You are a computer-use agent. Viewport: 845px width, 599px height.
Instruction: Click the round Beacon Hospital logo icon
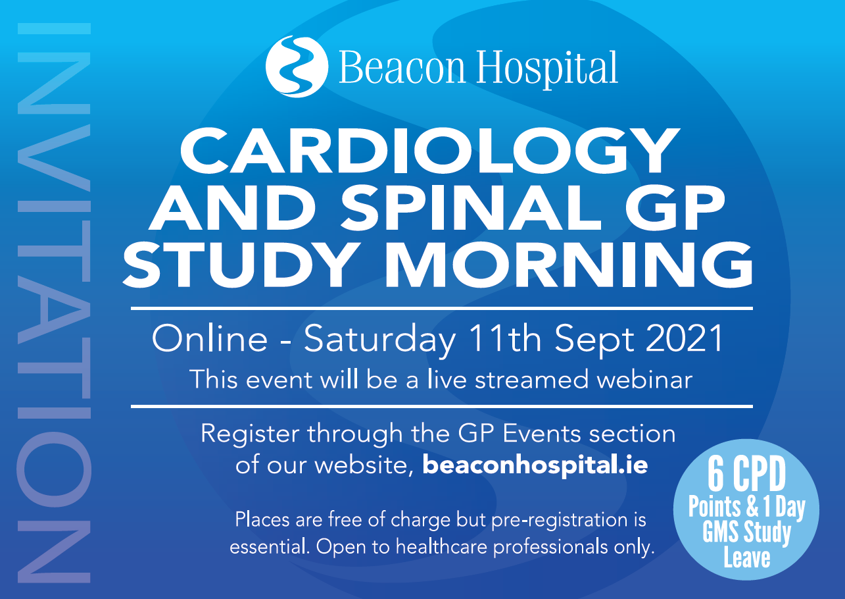pos(297,66)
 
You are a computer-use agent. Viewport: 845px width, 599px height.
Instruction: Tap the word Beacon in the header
pos(402,67)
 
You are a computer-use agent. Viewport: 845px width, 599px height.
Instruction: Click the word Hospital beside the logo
pos(546,70)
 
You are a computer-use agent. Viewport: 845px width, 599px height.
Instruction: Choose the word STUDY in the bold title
pos(241,265)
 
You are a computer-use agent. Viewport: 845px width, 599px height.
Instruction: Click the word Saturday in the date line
pos(380,340)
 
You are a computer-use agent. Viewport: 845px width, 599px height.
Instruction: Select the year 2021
pos(685,339)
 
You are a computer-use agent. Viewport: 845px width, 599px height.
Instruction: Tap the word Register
pos(250,434)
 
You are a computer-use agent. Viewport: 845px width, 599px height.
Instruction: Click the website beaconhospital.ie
pos(535,465)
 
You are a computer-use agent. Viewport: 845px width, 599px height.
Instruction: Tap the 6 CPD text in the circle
pos(746,474)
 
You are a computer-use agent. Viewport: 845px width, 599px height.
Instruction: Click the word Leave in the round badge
pos(747,558)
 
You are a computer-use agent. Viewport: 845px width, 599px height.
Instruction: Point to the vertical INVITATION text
pos(54,303)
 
